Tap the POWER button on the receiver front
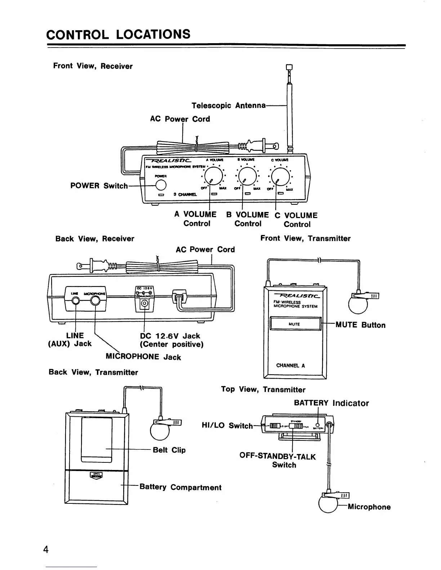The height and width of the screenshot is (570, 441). pos(161,185)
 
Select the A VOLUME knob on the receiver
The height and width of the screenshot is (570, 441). pos(213,176)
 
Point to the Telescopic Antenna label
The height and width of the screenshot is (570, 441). pos(228,106)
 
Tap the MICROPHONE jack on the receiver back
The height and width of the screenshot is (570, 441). pos(95,300)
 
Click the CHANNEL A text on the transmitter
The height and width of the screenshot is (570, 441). pos(290,366)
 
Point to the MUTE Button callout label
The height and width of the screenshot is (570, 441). pos(360,325)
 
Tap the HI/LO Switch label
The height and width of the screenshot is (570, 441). pos(227,426)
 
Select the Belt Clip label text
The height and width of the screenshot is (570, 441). pos(169,450)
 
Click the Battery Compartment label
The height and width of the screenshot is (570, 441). pos(180,488)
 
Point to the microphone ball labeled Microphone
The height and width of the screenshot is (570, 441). pos(328,505)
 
